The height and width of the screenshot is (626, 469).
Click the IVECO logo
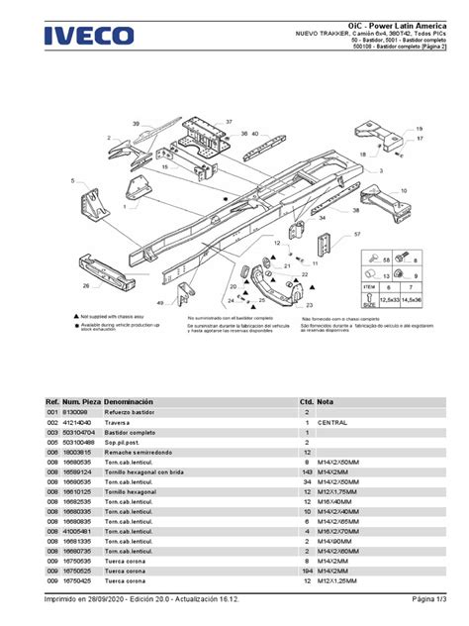(x=88, y=36)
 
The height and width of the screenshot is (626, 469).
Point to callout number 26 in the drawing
(x=86, y=286)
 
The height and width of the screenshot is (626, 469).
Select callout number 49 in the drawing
(x=159, y=302)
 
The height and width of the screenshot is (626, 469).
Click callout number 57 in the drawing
(x=357, y=235)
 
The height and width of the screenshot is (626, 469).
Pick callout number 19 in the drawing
(x=419, y=129)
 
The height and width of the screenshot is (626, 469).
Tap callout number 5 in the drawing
(x=71, y=181)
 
